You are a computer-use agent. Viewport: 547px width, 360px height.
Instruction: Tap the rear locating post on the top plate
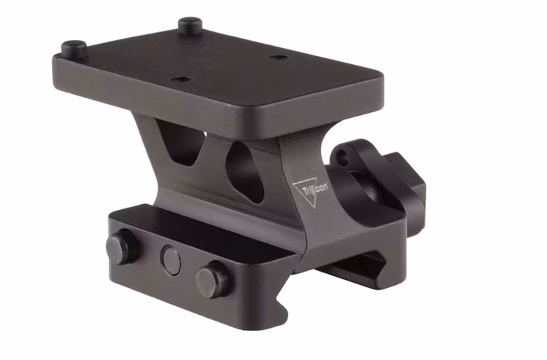pos(190,25)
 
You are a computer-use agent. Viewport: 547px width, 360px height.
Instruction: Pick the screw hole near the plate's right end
pos(276,57)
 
